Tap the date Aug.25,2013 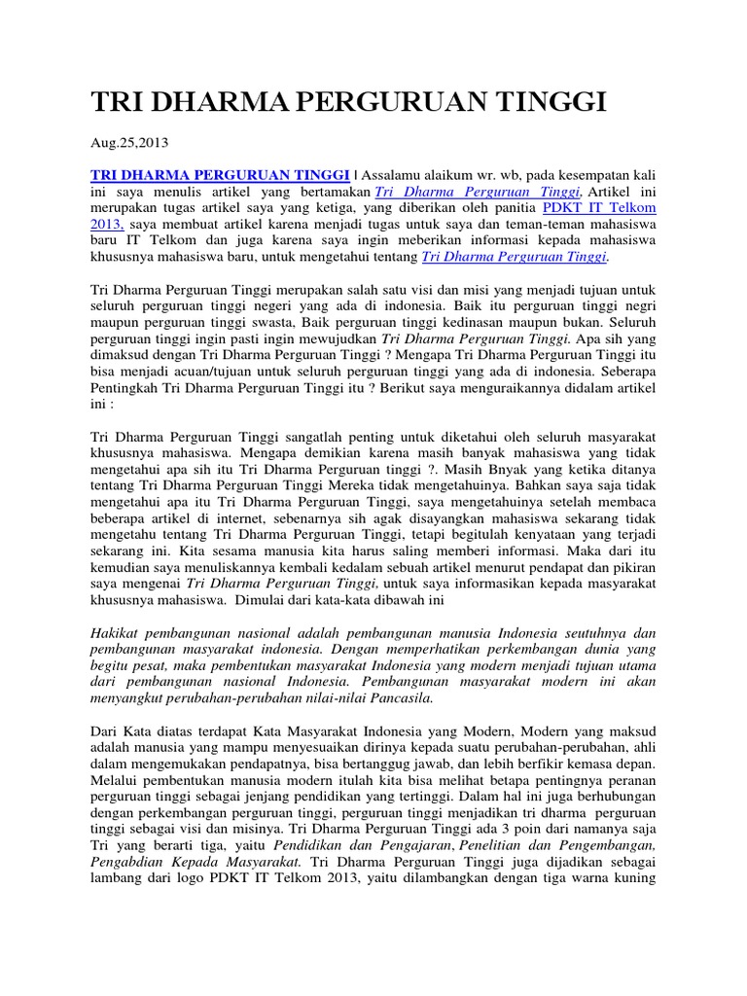(129, 142)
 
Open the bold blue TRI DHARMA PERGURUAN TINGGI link (220, 174)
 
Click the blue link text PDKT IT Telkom (599, 207)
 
